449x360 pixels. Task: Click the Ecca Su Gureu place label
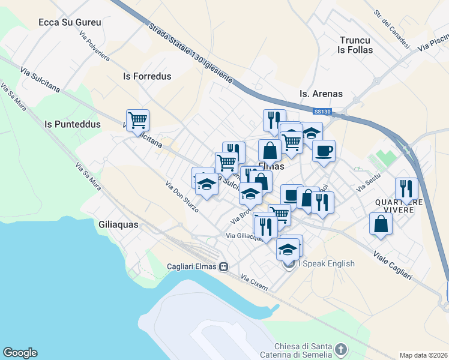tap(70, 22)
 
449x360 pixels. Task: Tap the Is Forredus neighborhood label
tap(147, 76)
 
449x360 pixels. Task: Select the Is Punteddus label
tap(73, 124)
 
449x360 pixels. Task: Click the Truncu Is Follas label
tap(356, 45)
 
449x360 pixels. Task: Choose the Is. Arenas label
tap(321, 94)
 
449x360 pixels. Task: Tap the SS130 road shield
tap(322, 112)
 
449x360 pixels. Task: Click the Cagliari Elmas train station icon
tap(223, 266)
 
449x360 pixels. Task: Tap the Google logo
tap(20, 353)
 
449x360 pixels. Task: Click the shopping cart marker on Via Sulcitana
tap(138, 120)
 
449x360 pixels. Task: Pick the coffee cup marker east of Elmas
tap(324, 151)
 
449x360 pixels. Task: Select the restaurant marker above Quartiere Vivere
tap(406, 188)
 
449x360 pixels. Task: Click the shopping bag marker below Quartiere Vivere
tap(381, 224)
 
